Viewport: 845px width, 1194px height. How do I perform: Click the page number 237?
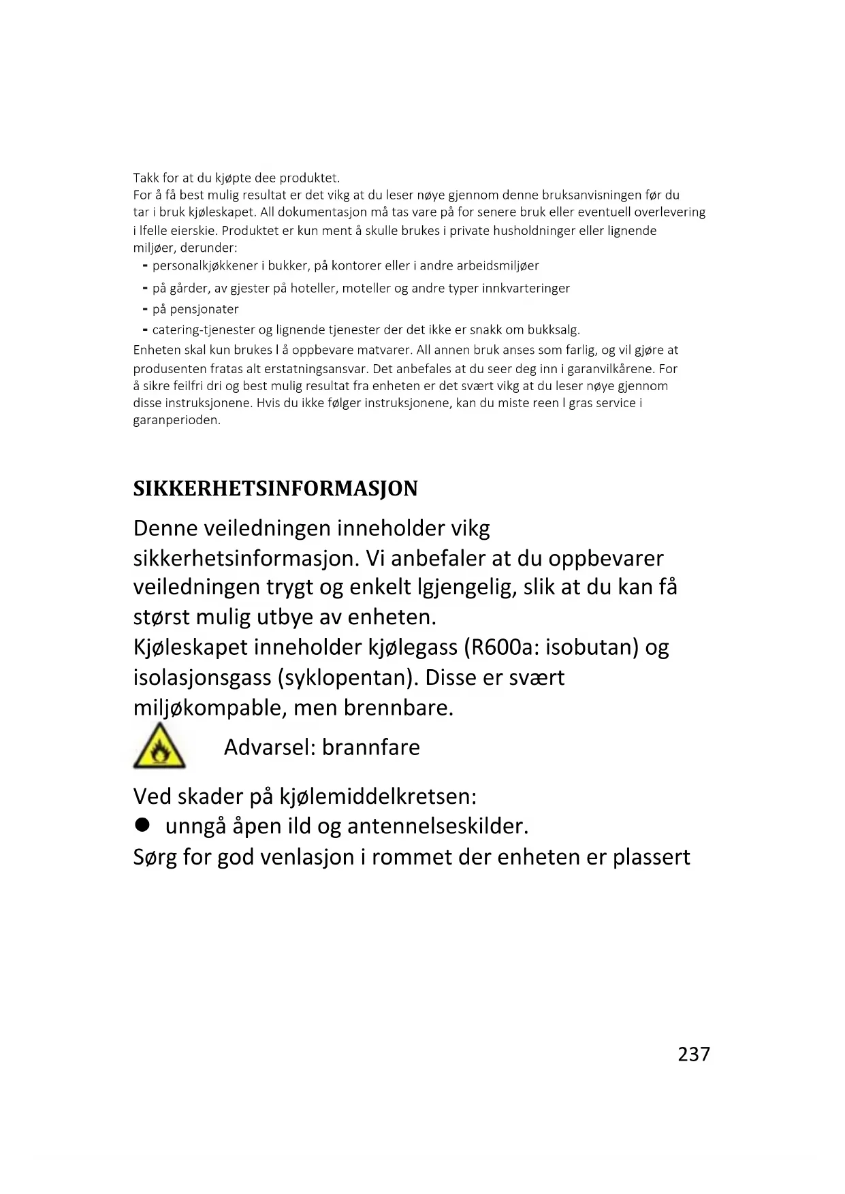(x=693, y=1054)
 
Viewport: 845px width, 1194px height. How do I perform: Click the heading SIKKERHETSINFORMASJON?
(x=275, y=489)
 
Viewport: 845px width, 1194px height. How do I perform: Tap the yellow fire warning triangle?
(x=159, y=747)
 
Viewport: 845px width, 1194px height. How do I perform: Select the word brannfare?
(x=370, y=747)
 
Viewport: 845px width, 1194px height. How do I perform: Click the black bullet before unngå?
(x=142, y=825)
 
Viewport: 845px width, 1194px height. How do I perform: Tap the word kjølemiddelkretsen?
(x=378, y=796)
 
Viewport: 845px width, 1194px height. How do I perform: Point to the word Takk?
(x=146, y=178)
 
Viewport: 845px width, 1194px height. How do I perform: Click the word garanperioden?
(x=176, y=420)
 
